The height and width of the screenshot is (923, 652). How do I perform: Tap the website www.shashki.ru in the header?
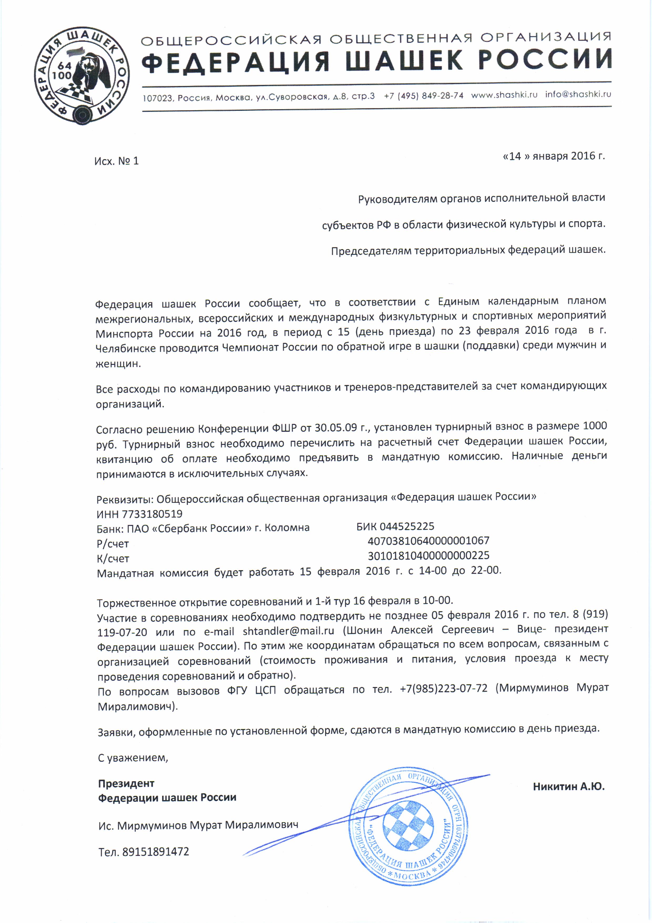click(x=504, y=95)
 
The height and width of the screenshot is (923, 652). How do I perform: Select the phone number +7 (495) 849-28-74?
click(x=424, y=96)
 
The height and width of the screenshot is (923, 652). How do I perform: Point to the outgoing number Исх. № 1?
click(x=116, y=161)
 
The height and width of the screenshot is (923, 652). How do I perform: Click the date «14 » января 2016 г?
click(x=554, y=156)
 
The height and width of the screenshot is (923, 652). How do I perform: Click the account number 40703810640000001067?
click(x=428, y=541)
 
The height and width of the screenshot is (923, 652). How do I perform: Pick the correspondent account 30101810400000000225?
click(x=428, y=556)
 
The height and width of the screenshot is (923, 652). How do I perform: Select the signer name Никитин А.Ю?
click(x=568, y=786)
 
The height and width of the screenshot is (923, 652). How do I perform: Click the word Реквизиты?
click(x=125, y=500)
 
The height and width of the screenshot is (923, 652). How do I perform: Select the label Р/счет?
click(x=113, y=544)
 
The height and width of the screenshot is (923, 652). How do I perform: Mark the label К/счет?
click(x=113, y=559)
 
